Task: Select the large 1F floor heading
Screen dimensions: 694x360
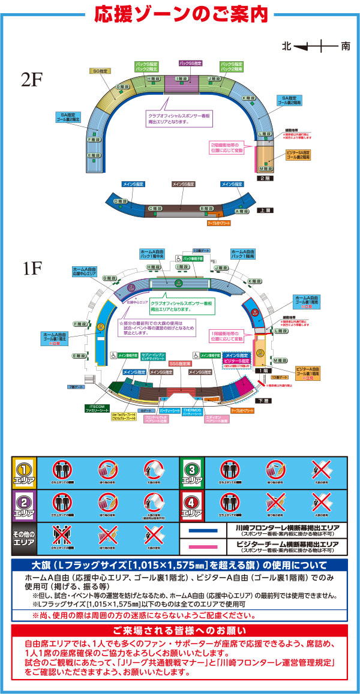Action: point(33,268)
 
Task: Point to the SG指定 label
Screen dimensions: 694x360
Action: point(100,71)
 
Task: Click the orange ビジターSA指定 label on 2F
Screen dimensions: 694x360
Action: point(298,155)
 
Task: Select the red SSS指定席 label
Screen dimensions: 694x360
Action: point(179,363)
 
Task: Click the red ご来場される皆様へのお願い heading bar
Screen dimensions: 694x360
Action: point(179,631)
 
